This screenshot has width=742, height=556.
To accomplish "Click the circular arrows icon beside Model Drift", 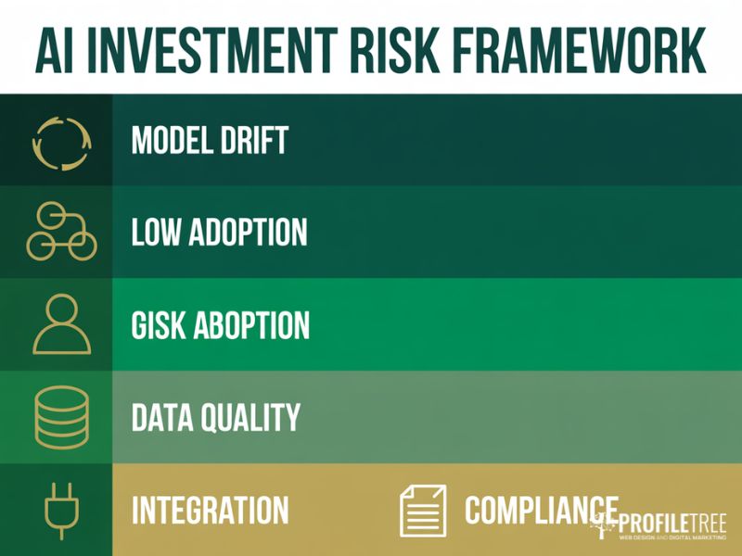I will tap(60, 141).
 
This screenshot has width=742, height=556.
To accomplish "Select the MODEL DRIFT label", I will tap(210, 141).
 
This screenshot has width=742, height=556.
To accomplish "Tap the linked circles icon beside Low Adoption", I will tap(61, 232).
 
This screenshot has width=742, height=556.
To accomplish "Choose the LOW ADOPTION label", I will tap(219, 233).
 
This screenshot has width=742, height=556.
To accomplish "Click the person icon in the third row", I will tap(61, 324).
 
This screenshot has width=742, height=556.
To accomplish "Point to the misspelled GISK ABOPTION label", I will tap(221, 325).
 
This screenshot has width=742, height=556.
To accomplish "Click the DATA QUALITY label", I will tap(216, 417).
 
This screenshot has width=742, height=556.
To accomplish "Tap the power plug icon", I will tap(62, 510).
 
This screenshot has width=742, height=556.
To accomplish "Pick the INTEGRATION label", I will tap(210, 511).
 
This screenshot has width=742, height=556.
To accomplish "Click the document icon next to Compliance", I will tap(422, 510).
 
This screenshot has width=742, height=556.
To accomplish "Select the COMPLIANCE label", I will tap(541, 510).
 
